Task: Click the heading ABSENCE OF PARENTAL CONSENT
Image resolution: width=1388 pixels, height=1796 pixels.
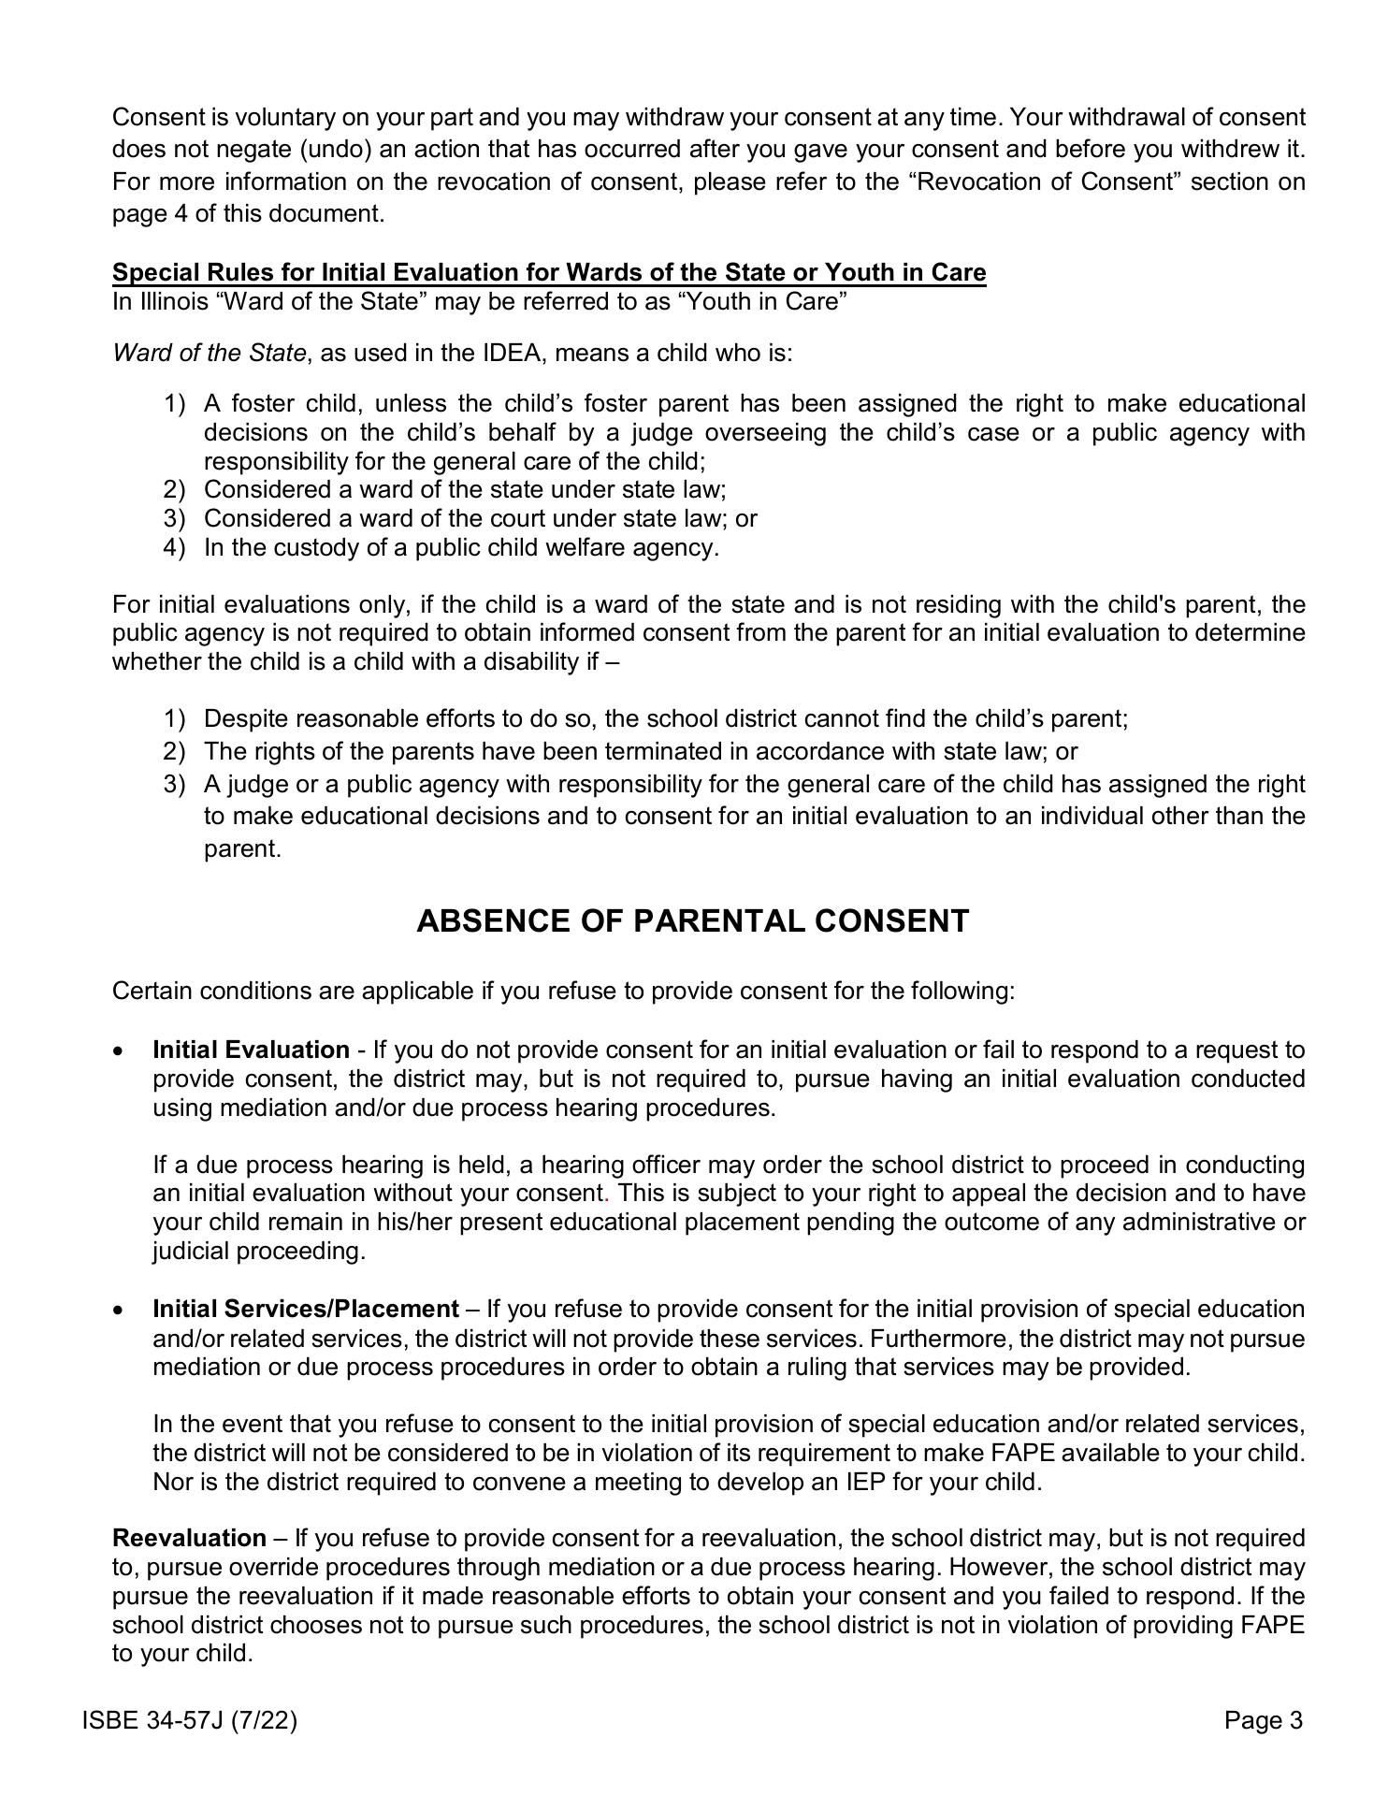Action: (x=692, y=921)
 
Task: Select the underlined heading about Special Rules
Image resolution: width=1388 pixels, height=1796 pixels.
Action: (x=549, y=272)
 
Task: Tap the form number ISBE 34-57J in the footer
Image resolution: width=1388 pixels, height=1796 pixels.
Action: (x=189, y=1720)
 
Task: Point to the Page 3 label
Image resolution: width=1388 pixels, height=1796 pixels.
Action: (x=1263, y=1720)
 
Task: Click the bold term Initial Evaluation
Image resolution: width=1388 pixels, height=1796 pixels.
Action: (x=251, y=1050)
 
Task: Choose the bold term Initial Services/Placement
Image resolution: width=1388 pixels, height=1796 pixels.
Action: (x=306, y=1309)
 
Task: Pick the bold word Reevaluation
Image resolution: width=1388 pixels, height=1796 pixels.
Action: (x=189, y=1538)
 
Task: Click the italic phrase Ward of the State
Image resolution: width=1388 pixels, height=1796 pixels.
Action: (x=209, y=353)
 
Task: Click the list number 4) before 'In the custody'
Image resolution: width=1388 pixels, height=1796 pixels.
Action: (x=175, y=547)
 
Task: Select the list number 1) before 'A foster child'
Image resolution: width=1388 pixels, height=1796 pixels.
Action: (x=175, y=403)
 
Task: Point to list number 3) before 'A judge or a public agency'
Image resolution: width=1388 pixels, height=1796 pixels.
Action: (x=175, y=784)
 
